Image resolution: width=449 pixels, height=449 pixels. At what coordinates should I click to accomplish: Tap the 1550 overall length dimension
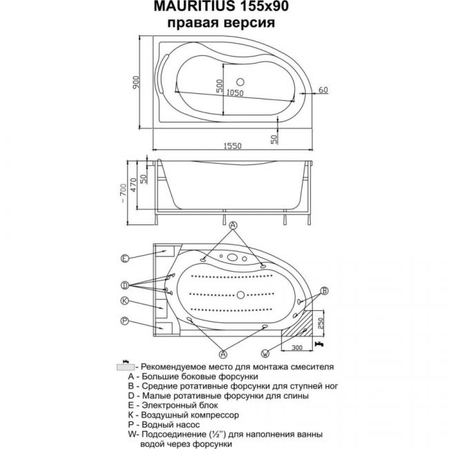(233, 146)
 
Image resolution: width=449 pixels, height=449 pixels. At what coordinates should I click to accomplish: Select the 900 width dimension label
(136, 82)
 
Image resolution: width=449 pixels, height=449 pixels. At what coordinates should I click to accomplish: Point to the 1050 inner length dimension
(235, 93)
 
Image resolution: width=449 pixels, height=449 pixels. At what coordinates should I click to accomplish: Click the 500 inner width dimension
(219, 86)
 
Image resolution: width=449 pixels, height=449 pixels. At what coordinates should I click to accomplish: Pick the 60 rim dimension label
(323, 90)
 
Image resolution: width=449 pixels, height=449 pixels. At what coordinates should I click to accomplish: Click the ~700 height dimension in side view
(123, 193)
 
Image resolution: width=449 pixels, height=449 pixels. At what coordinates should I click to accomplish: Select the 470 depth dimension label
(133, 185)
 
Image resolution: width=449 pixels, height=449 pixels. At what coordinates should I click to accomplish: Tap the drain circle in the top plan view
(240, 82)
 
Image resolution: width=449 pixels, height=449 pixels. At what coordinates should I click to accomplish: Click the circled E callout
(124, 258)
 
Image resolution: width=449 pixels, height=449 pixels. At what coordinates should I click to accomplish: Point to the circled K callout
(124, 300)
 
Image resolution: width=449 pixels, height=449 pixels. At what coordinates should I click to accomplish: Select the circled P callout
(124, 321)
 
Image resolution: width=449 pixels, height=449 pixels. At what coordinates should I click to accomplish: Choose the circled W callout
(265, 354)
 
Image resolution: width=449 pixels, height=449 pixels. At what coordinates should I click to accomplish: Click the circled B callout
(324, 291)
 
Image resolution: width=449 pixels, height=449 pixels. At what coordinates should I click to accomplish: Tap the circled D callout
(124, 285)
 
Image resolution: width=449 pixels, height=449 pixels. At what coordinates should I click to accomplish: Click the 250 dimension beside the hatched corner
(321, 323)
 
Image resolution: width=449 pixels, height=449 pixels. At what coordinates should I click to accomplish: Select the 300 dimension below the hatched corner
(297, 347)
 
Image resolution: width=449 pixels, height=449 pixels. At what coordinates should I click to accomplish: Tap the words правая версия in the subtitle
(221, 23)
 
